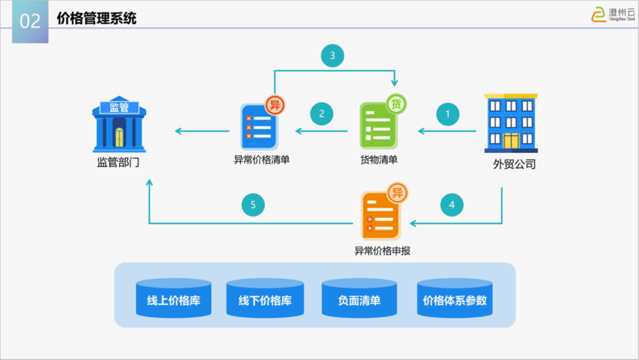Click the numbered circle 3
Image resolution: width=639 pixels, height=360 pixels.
tap(333, 56)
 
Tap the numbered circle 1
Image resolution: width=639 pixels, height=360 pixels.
tap(448, 114)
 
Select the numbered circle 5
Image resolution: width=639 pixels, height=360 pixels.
tap(253, 205)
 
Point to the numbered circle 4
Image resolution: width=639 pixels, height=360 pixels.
tap(452, 205)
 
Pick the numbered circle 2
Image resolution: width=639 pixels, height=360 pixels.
tap(322, 114)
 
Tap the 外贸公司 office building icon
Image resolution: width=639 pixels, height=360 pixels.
tap(511, 123)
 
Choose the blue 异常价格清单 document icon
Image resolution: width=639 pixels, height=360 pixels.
tap(259, 126)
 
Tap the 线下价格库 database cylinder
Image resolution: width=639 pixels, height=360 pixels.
tap(265, 299)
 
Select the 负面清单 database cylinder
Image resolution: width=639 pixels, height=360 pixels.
tap(359, 299)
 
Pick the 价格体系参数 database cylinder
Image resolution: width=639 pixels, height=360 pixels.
tap(454, 299)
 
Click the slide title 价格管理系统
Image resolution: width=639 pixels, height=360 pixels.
tap(96, 18)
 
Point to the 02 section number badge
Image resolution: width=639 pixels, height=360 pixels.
tap(30, 21)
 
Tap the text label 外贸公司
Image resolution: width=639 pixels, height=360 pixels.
tap(514, 165)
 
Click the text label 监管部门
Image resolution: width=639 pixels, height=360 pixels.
tap(118, 162)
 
